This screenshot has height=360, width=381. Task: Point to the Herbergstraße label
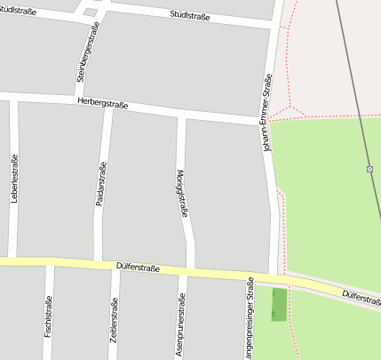pos(103,104)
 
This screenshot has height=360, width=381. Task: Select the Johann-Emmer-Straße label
pos(267,111)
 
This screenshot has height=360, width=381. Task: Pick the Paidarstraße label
pos(101,184)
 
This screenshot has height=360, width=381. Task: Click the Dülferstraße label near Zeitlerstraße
pos(138,267)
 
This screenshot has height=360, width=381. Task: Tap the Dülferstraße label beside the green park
pos(361,296)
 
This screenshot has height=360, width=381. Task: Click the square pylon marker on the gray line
pos(369,168)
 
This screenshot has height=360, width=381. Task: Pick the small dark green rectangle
pos(279,305)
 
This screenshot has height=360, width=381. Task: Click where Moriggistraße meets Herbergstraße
pos(181,114)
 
